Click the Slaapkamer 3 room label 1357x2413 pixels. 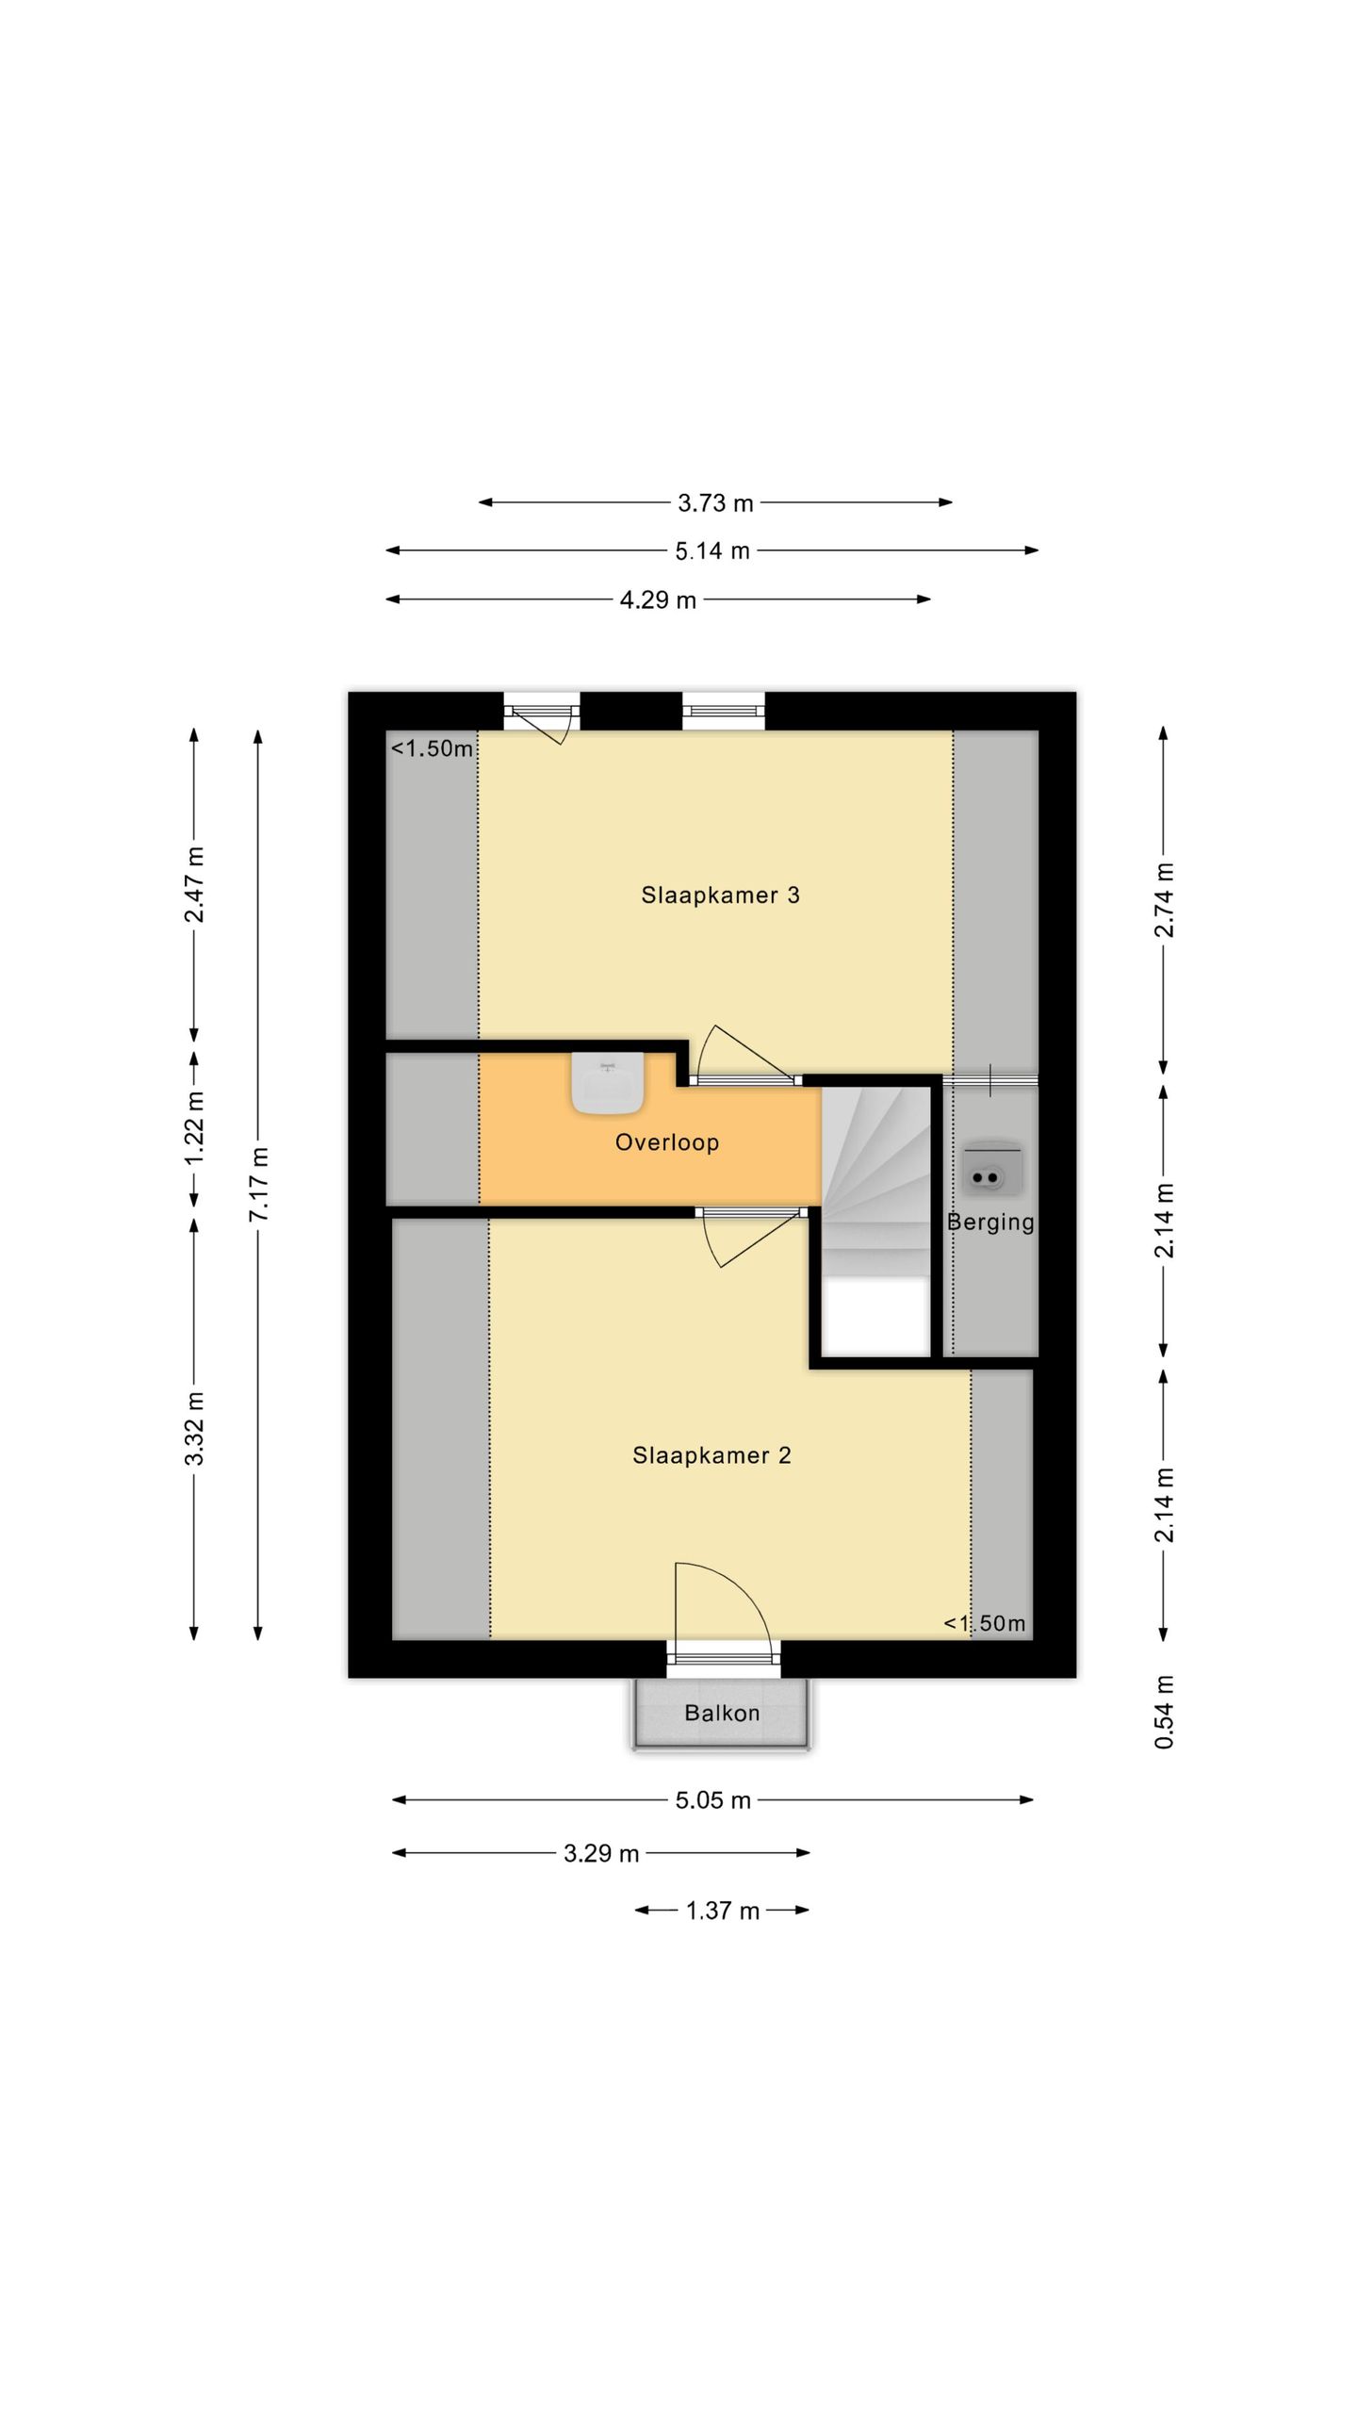point(720,895)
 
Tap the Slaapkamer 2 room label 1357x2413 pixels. point(711,1455)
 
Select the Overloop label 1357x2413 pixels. point(667,1142)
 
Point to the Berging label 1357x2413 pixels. point(990,1223)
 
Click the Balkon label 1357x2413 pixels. point(722,1713)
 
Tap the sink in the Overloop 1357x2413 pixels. point(608,1083)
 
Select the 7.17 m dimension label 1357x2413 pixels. point(259,1185)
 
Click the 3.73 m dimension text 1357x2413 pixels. point(715,503)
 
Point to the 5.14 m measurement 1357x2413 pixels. point(712,550)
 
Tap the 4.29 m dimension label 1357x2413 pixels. point(658,600)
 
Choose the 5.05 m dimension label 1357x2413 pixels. point(712,1800)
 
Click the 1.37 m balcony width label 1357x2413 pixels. point(722,1911)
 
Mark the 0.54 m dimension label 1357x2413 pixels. point(1165,1712)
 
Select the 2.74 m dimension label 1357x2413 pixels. point(1165,900)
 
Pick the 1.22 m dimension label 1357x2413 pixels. point(194,1127)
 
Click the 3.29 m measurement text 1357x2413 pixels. point(601,1854)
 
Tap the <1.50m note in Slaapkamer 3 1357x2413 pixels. point(432,748)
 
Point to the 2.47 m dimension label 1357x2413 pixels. point(194,885)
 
